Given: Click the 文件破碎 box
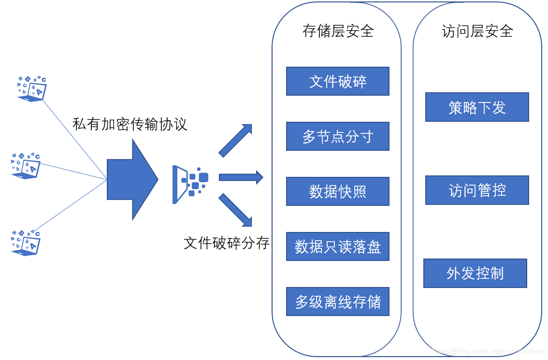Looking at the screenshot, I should tap(337, 81).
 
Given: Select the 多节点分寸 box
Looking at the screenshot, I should tap(337, 136).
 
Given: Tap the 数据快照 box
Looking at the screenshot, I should tap(337, 191).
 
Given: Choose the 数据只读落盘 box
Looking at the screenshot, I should tap(337, 246).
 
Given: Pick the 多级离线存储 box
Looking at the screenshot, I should tap(337, 302).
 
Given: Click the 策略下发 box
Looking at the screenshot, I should tap(477, 107).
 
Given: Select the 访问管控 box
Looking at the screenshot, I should tap(477, 190).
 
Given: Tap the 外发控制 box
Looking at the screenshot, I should tap(475, 274).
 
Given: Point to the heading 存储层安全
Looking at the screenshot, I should tap(338, 31).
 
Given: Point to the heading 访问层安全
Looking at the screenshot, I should tap(477, 31).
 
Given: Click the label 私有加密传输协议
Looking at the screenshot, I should tap(130, 124).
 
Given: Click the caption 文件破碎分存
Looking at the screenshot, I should tap(226, 243).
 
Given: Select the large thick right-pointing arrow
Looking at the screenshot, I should tap(131, 179).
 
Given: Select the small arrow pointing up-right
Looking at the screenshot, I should tap(236, 140).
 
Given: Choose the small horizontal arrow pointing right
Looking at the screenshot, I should tap(241, 177).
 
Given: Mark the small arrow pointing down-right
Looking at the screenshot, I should tap(236, 210).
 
